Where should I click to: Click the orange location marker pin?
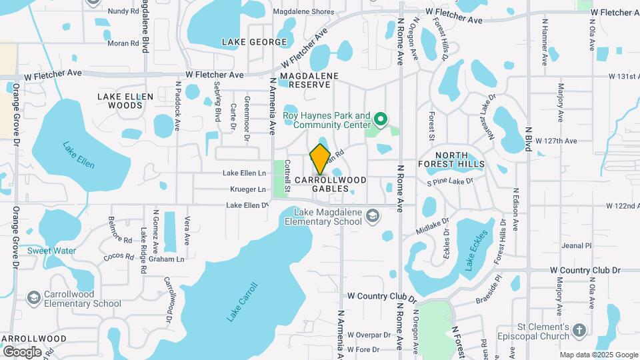320,159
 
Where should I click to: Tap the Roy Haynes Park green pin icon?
381,120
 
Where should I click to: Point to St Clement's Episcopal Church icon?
579,330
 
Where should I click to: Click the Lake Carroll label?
241,302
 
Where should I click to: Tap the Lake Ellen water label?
79,155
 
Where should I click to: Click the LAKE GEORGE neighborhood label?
254,42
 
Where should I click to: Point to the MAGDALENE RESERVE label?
305,80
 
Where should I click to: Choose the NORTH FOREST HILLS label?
451,159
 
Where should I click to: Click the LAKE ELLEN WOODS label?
125,101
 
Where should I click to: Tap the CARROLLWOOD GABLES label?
331,184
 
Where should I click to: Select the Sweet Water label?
51,251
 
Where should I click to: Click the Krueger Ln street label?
248,189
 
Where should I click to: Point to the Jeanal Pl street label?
577,245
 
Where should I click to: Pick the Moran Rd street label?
122,43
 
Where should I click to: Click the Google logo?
23,351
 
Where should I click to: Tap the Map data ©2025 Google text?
598,355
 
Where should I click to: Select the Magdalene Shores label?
303,12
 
